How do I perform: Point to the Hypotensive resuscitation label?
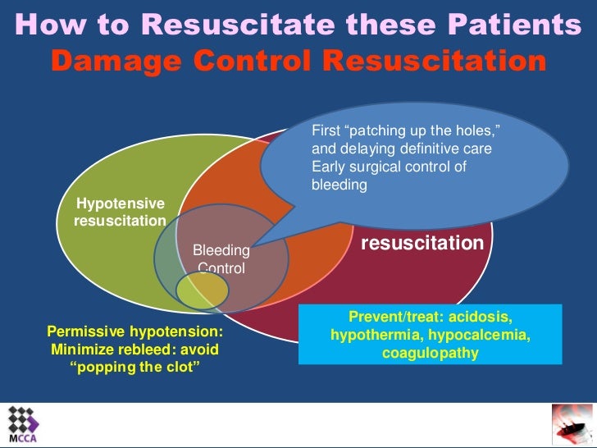point(120,213)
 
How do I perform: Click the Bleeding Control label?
point(221,258)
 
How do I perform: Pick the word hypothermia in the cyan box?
point(371,336)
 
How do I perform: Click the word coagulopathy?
point(430,354)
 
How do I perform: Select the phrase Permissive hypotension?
point(135,332)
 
